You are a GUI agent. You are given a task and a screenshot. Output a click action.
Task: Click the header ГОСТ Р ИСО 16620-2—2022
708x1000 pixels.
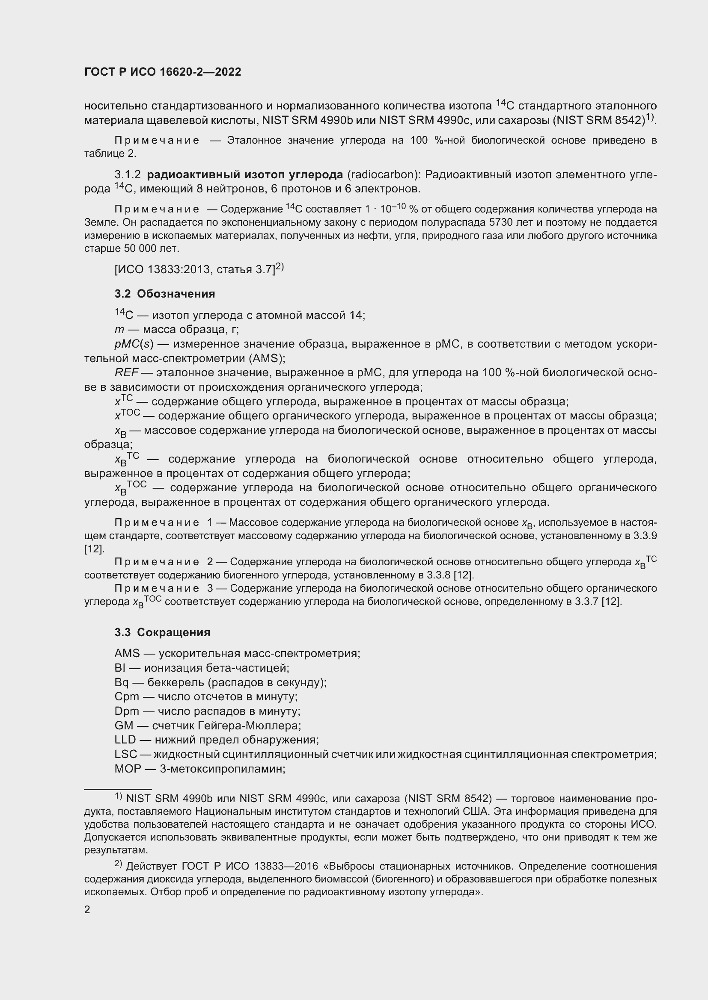163,72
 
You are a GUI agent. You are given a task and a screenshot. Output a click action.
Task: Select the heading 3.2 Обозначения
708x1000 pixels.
165,294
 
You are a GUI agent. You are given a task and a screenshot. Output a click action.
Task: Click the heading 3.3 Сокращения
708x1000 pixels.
162,632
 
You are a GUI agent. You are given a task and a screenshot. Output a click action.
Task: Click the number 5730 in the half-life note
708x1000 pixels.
502,223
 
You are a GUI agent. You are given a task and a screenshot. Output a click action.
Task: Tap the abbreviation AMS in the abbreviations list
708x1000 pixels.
127,654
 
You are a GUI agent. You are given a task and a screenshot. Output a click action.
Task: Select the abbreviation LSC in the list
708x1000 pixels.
125,754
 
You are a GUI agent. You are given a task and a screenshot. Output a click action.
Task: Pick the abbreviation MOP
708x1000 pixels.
128,769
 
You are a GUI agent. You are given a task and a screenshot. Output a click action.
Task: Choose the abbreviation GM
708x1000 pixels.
124,726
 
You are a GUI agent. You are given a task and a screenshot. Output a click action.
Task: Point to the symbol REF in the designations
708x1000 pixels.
126,373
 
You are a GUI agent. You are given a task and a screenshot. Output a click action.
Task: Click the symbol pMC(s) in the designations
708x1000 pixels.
134,344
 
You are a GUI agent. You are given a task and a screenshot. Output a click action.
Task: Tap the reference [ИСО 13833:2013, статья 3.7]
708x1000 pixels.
195,270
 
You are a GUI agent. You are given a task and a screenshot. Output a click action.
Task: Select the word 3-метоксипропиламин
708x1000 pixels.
222,769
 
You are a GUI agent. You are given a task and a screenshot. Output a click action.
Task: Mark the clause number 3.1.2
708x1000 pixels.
127,175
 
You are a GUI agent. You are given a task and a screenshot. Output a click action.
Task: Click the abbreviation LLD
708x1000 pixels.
125,740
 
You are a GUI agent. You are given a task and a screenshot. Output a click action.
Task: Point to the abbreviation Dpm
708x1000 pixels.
127,711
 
